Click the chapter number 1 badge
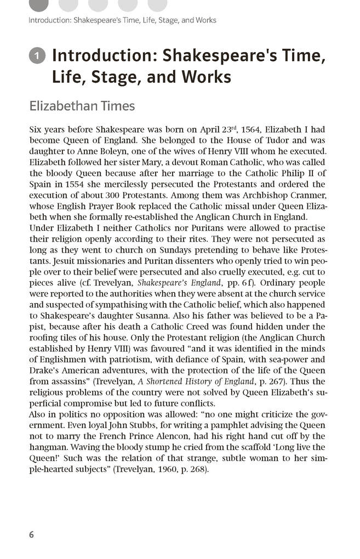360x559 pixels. point(37,56)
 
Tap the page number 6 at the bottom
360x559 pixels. point(31,534)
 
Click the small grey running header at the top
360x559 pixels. point(122,20)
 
